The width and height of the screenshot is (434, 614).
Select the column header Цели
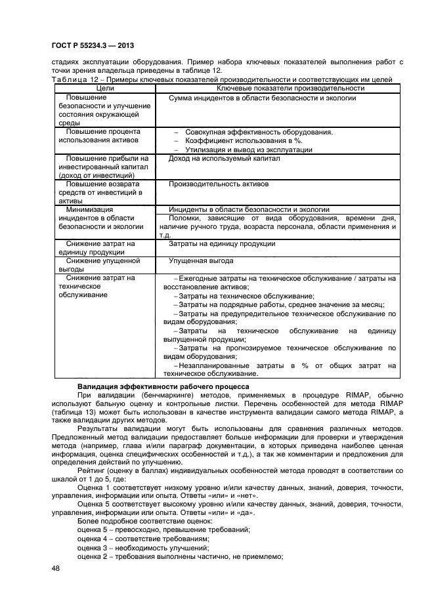[x=105, y=89]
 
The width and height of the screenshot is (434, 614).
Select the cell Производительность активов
[x=219, y=184]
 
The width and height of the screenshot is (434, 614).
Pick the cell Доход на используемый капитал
[x=224, y=158]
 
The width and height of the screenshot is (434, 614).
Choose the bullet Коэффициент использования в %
[x=243, y=140]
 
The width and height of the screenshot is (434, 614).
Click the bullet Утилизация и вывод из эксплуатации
[x=249, y=150]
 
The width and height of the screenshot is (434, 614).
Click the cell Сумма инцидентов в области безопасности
[x=262, y=98]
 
